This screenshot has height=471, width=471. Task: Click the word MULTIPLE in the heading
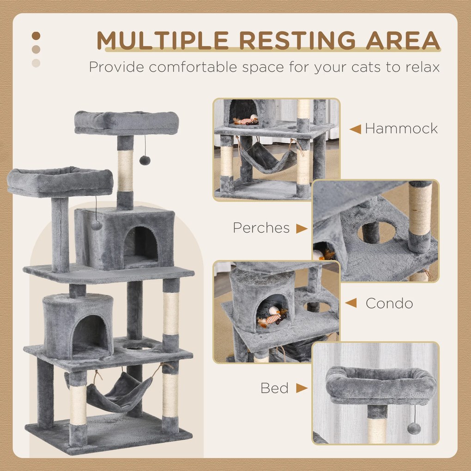click(x=163, y=40)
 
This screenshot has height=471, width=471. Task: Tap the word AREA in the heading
click(x=403, y=40)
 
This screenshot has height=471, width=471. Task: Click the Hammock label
click(x=401, y=128)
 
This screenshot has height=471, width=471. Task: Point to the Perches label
click(x=261, y=228)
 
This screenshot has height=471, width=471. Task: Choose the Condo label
click(x=389, y=303)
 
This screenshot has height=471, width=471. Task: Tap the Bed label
click(x=274, y=388)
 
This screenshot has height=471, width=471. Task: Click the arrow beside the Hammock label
click(x=355, y=129)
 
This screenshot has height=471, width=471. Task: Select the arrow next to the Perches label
click(x=302, y=229)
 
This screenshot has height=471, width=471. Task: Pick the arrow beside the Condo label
click(x=351, y=303)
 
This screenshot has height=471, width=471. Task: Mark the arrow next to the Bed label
click(x=302, y=388)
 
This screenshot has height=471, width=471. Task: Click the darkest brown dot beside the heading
click(x=36, y=36)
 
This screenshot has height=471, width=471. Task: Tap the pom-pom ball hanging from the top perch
click(x=145, y=160)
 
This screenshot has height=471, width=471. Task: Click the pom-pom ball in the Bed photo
click(x=414, y=429)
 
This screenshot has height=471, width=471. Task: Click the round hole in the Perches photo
click(x=376, y=232)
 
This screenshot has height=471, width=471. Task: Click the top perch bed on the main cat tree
click(x=127, y=123)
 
